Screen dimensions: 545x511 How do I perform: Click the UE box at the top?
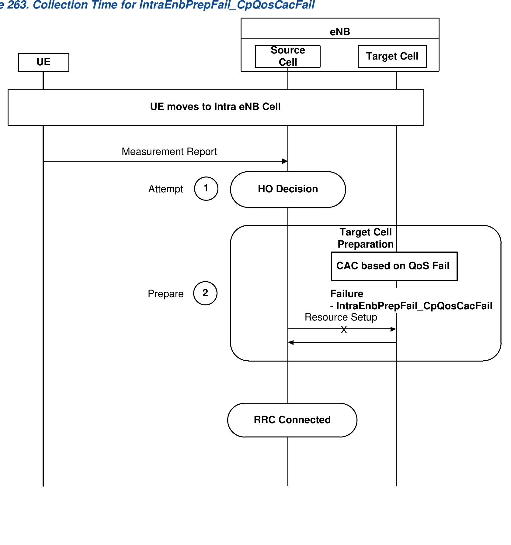point(43,62)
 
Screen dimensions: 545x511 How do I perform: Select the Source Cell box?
point(287,56)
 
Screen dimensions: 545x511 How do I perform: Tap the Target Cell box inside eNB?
point(392,56)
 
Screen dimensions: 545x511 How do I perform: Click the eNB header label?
point(340,32)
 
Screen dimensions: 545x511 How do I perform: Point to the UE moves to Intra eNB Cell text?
point(215,107)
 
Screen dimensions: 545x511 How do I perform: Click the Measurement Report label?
point(169,152)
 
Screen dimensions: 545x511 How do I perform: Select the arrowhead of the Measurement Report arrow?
point(285,161)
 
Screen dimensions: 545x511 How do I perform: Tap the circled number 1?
point(206,189)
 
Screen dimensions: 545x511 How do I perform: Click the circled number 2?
point(205,293)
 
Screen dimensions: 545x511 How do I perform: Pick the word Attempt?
point(165,189)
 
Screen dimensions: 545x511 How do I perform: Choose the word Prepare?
point(165,294)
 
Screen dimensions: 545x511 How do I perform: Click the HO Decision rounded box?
point(288,189)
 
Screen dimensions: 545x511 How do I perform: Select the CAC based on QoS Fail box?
point(394,266)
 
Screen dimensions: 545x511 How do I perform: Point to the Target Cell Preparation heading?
point(366,238)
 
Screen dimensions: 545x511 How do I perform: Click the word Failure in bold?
point(346,294)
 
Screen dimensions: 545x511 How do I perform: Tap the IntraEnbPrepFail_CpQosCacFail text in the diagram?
point(414,306)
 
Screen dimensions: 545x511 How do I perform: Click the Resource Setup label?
point(341,317)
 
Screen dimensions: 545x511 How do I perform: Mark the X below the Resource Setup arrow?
point(344,330)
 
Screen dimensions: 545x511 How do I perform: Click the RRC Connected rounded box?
point(292,420)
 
